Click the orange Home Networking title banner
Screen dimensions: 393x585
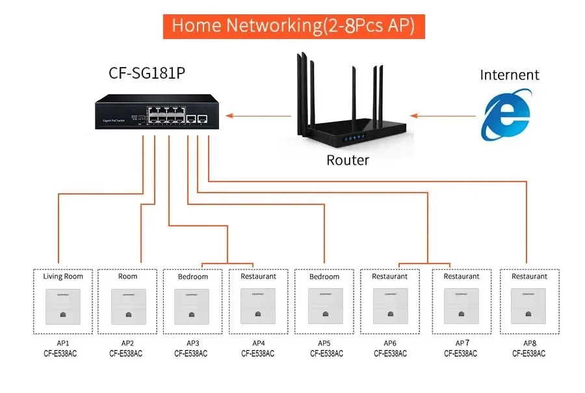(x=293, y=26)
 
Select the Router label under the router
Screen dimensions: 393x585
(x=347, y=160)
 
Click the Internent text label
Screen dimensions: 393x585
(x=510, y=75)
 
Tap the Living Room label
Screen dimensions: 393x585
(x=63, y=277)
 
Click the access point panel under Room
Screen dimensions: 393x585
(x=128, y=306)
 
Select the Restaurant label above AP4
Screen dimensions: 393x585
(x=258, y=277)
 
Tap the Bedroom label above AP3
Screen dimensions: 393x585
(x=193, y=277)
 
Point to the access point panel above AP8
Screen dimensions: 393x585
(x=529, y=306)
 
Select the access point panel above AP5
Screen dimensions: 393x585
(x=324, y=306)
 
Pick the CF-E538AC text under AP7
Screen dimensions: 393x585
(x=461, y=353)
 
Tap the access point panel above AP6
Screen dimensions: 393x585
(x=390, y=306)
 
